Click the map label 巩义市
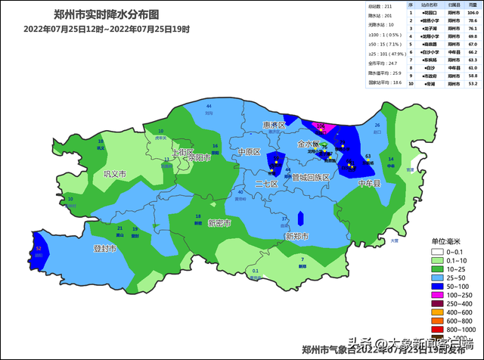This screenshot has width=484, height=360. click(x=104, y=174)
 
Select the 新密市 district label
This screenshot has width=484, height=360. click(x=220, y=223)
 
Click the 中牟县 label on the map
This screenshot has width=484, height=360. click(x=371, y=183)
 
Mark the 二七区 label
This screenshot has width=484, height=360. click(x=267, y=184)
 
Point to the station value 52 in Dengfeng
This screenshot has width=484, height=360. click(x=39, y=248)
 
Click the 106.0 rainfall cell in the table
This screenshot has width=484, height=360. click(x=473, y=13)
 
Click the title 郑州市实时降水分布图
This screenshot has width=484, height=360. click(x=106, y=14)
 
